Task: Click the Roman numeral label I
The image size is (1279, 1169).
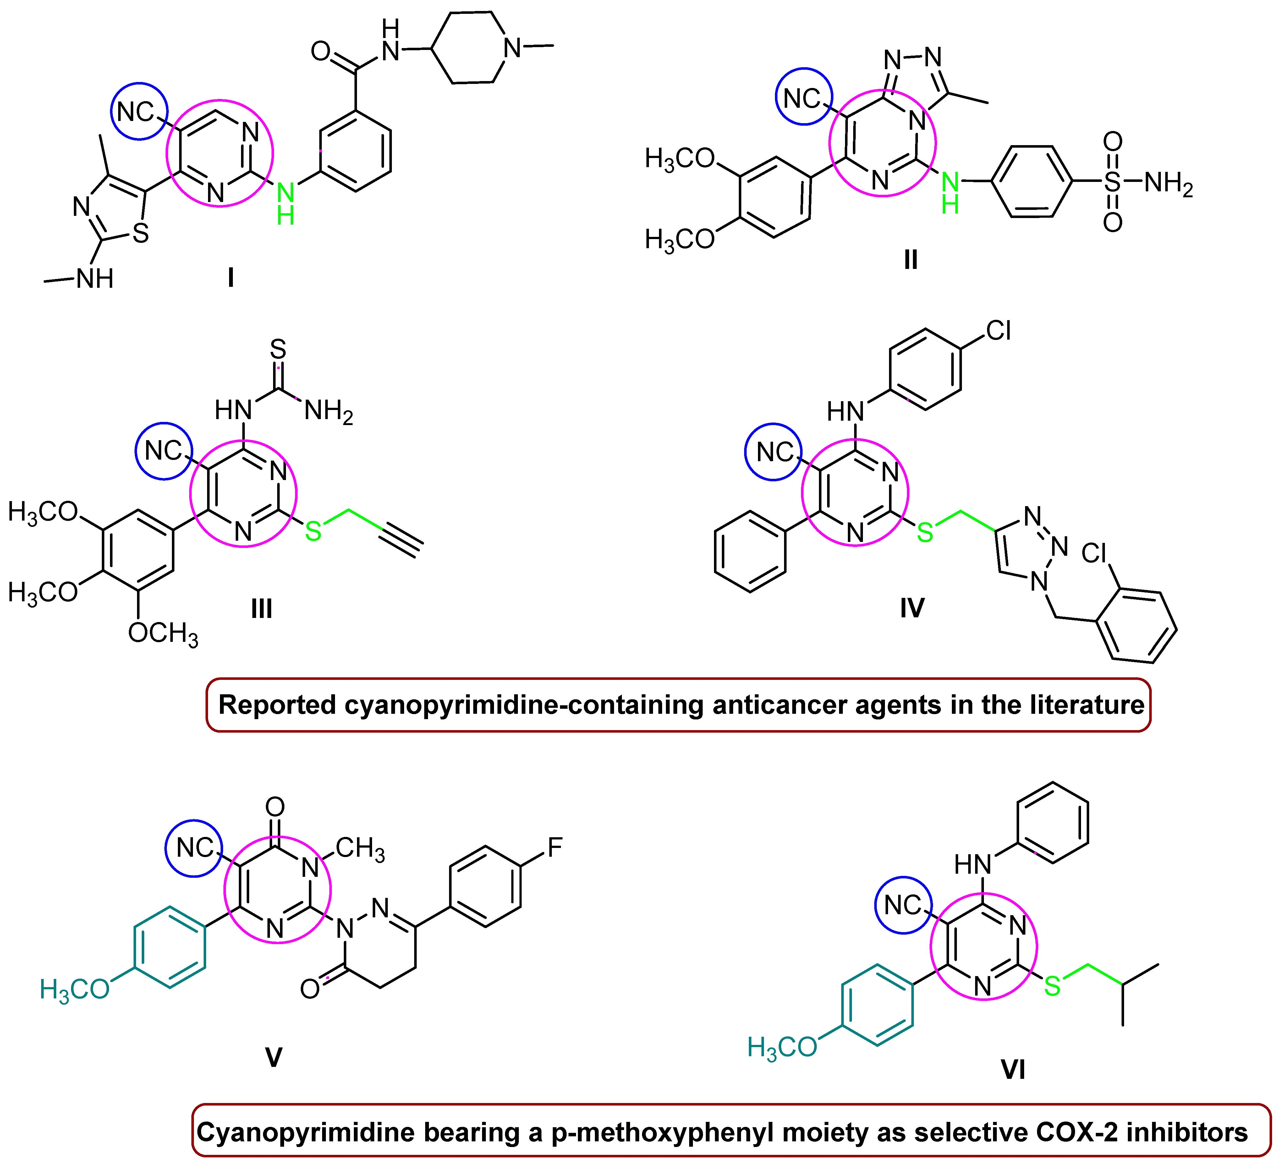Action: (x=231, y=277)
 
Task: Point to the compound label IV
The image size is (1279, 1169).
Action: (x=912, y=608)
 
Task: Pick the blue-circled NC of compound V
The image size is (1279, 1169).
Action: (x=194, y=848)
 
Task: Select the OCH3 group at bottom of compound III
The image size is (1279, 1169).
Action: (x=163, y=634)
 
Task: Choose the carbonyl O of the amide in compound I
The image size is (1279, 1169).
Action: (x=321, y=51)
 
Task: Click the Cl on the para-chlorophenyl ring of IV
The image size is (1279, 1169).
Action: (x=998, y=330)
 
